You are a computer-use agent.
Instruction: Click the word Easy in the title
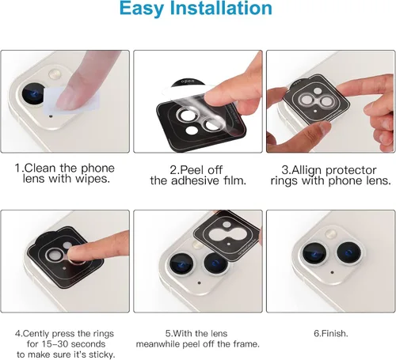click(x=142, y=9)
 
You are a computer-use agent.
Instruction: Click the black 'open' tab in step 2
click(x=188, y=82)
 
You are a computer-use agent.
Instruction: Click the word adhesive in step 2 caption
click(x=195, y=181)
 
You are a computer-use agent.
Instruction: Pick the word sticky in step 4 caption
click(x=101, y=355)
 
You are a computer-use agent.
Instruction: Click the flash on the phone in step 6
click(x=330, y=234)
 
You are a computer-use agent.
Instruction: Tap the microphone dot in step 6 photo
click(x=332, y=272)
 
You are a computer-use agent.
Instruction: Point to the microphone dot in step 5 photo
click(x=199, y=283)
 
